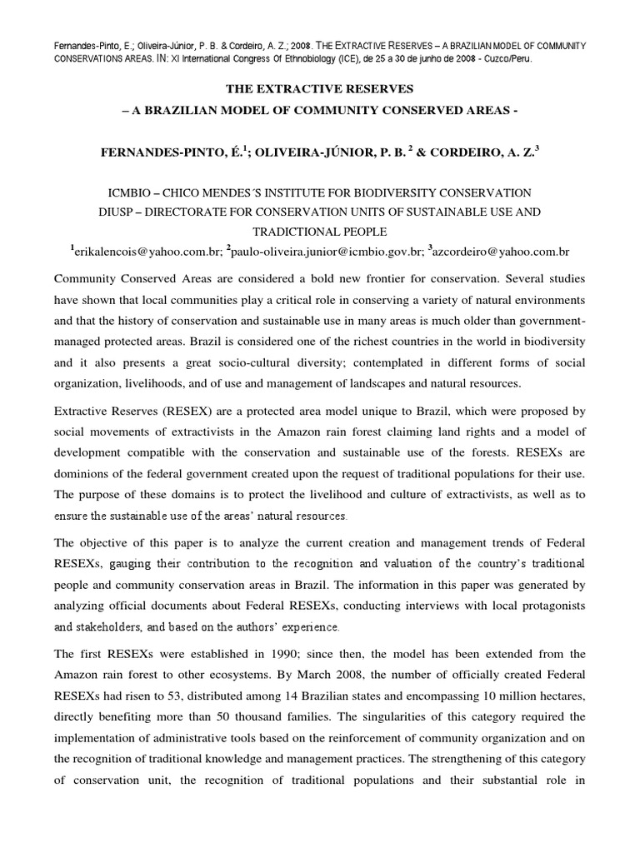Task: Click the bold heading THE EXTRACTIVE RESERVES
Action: pos(319,88)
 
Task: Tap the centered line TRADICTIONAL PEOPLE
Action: pos(319,232)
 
